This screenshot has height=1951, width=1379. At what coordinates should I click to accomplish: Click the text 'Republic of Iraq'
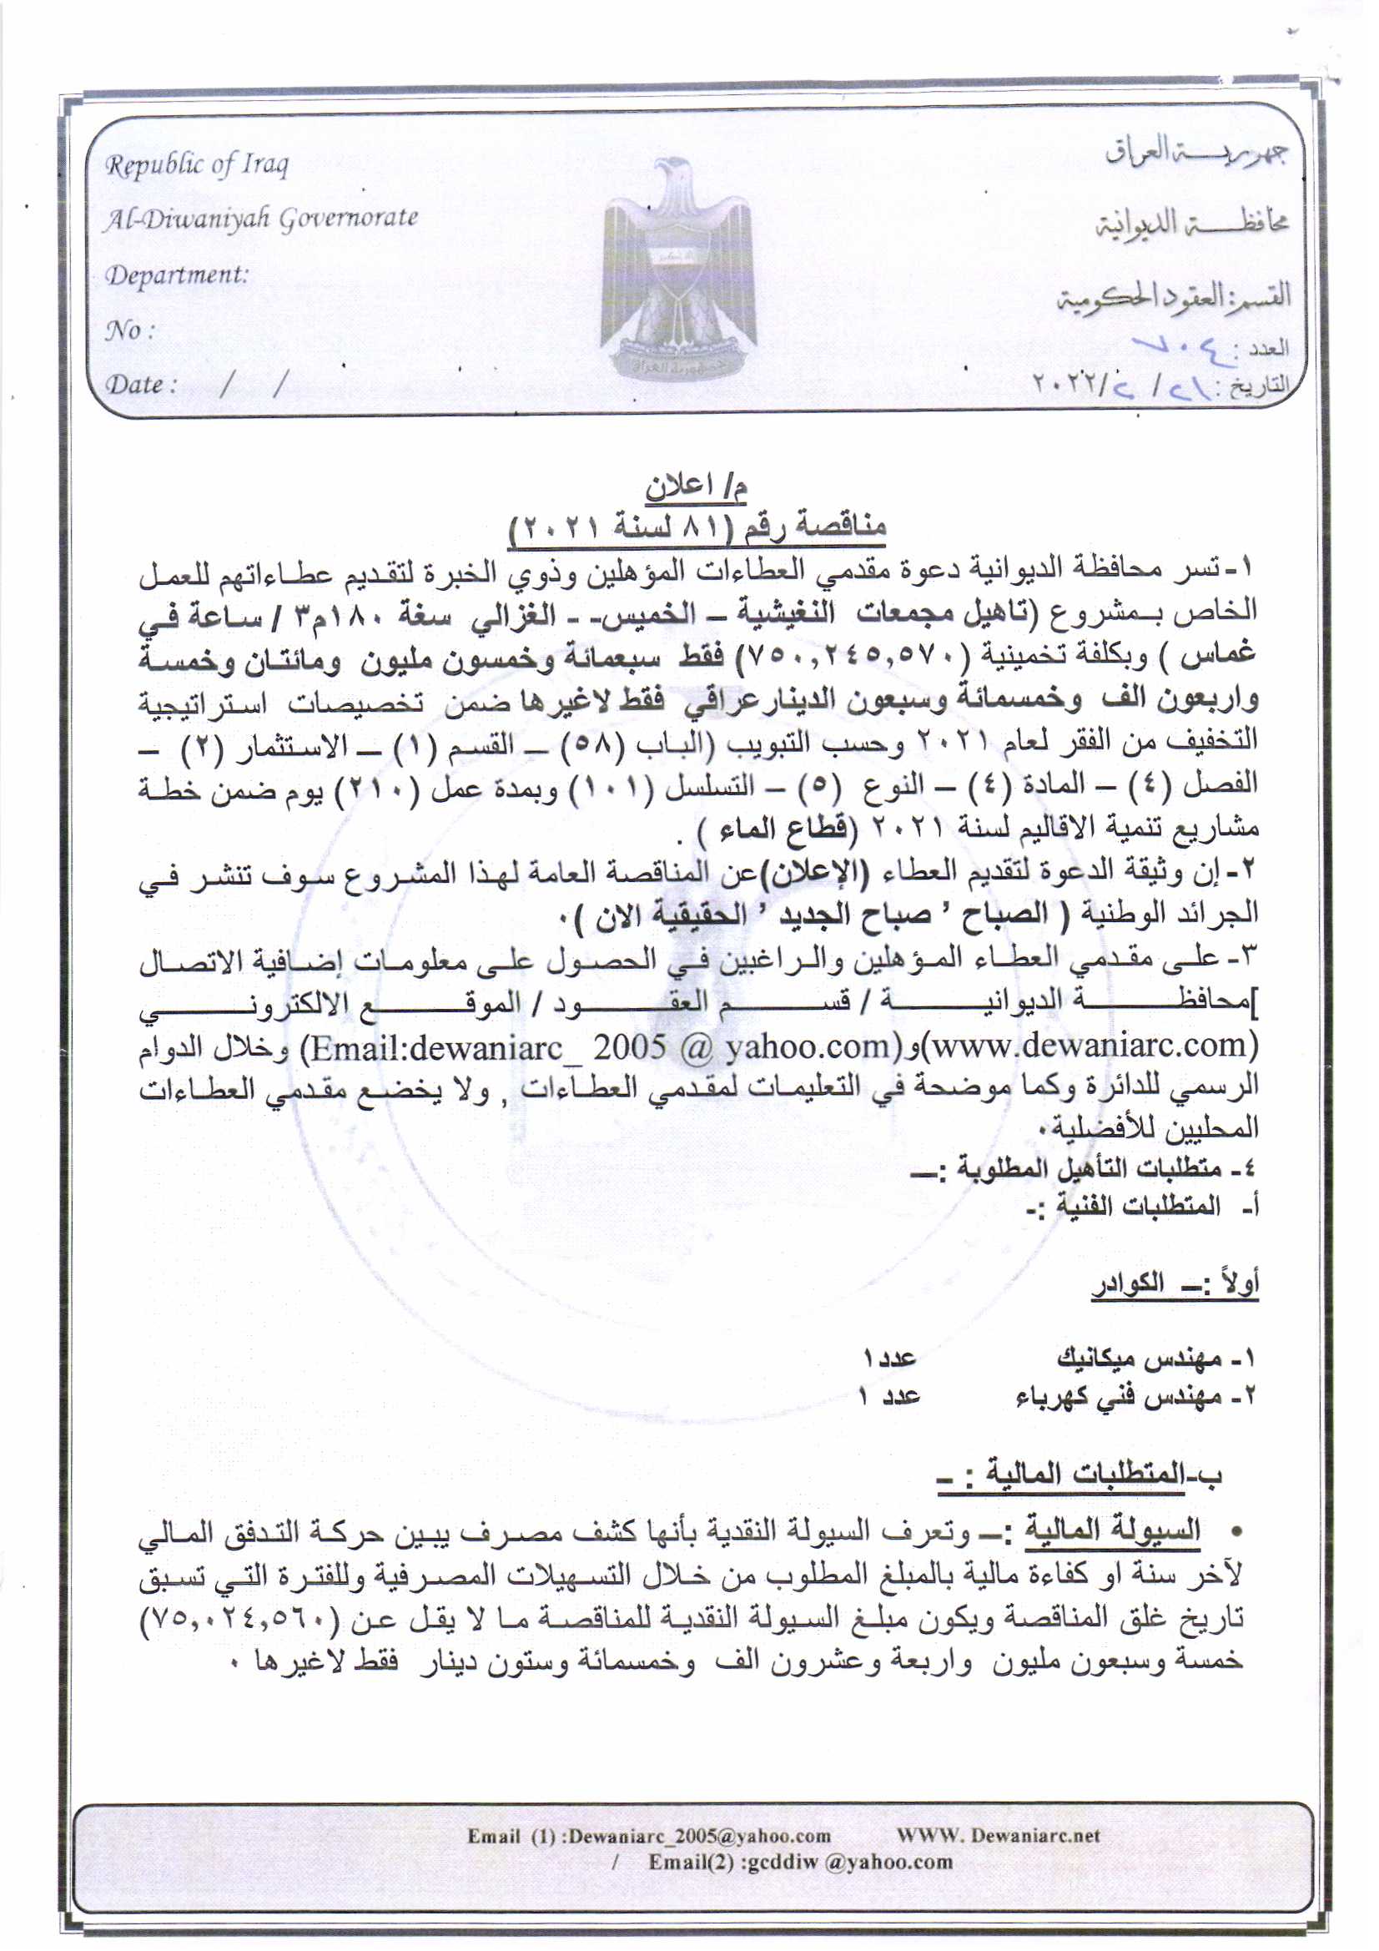pos(196,164)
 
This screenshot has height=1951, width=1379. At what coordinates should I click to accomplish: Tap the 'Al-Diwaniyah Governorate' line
pos(261,219)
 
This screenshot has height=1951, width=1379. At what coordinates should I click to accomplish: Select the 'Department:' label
pos(176,275)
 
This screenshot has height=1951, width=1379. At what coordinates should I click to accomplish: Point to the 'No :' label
pos(128,330)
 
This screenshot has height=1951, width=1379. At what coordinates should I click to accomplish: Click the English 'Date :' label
pos(140,384)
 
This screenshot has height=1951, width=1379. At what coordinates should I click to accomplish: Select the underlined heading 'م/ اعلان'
pos(696,486)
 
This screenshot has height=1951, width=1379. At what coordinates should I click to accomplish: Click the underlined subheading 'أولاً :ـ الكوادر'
pos(1175,1283)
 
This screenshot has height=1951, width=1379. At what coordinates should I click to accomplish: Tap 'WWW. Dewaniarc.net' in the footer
pos(998,1836)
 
